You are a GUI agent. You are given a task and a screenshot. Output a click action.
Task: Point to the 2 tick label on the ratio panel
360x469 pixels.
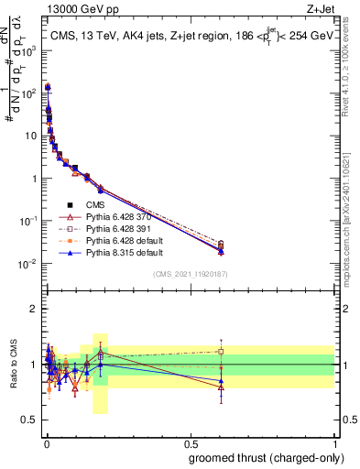tap(34, 309)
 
